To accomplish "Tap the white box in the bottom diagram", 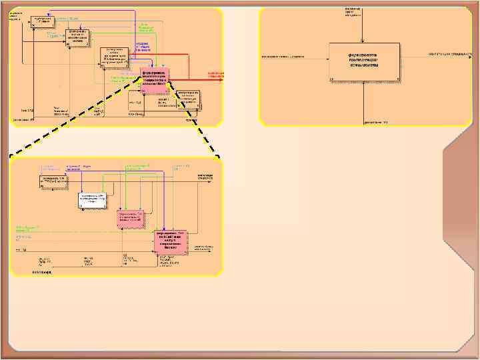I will point(93,199).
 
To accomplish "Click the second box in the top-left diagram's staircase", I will point(78,38).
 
